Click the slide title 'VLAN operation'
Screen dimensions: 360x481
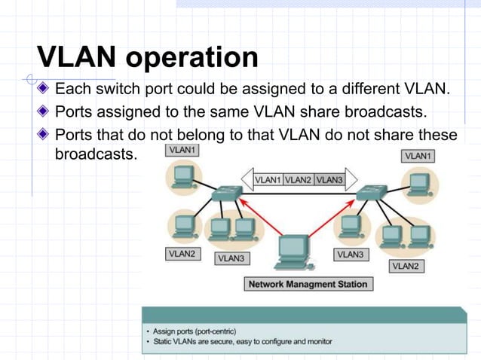pos(148,57)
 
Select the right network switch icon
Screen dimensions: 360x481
pos(371,194)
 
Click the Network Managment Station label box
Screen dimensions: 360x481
pos(308,284)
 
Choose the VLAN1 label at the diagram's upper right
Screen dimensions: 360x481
pos(418,155)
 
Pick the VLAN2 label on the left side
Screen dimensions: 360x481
pos(182,255)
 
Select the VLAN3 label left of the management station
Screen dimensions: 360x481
pos(231,258)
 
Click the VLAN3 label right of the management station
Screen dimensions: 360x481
pos(350,255)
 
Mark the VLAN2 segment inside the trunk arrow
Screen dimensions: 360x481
pos(299,179)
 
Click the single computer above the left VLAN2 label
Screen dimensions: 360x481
pos(184,226)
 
